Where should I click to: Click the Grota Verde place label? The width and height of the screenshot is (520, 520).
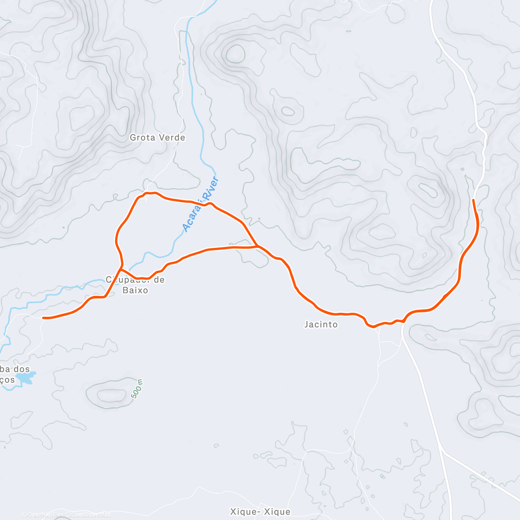coord(157,137)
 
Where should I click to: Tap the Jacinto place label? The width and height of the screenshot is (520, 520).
coord(321,324)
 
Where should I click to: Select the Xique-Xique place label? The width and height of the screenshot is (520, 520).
coord(260,512)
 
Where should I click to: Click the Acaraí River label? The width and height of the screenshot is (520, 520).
coord(201,204)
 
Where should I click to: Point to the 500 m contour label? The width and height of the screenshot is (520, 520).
coord(137,389)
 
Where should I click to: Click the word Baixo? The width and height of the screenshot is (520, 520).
coord(135,290)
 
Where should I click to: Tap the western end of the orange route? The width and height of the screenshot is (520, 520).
coord(43,318)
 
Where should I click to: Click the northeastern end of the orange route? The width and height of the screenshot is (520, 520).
coord(473,200)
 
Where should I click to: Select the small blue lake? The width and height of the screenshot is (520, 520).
coord(24,378)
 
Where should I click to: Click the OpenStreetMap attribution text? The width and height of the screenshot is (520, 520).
coord(91,514)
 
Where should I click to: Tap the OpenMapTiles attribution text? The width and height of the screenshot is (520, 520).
coord(45,514)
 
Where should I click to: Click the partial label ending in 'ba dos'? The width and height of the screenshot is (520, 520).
coord(15,369)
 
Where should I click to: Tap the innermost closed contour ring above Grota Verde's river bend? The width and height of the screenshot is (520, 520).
coord(235,53)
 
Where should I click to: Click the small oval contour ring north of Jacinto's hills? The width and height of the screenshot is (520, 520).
coord(288,111)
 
